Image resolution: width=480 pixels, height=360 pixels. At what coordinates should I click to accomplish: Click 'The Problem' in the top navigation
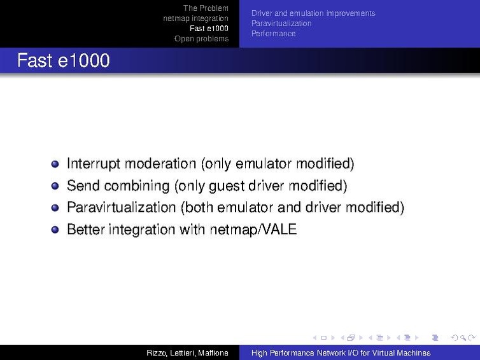tap(206, 8)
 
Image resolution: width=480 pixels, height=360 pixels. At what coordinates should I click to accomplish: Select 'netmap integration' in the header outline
tap(195, 18)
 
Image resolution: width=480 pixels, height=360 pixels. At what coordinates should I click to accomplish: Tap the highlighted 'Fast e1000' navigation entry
tap(209, 29)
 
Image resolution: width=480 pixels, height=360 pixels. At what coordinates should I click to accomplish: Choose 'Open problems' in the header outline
tap(201, 39)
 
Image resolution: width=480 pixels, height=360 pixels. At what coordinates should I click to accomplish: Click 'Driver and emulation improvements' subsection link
tap(313, 13)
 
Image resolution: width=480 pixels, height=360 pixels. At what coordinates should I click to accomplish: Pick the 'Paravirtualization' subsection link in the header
tap(281, 24)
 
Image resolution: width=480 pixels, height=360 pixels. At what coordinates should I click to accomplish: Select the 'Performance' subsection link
tap(273, 34)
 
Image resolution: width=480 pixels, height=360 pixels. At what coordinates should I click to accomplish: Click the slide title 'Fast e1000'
tap(63, 61)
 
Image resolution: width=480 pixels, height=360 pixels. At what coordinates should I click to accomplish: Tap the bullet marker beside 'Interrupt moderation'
tap(55, 164)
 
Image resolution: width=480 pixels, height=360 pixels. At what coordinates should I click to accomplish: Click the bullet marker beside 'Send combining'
tap(55, 186)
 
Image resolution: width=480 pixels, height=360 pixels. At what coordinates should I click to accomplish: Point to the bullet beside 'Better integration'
tap(55, 230)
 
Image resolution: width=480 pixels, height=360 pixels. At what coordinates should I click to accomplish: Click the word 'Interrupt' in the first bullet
tap(94, 164)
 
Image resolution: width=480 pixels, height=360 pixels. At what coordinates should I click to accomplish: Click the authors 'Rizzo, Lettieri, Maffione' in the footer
tap(187, 353)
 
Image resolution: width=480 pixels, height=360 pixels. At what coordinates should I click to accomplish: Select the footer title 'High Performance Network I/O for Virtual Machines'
tap(341, 353)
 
